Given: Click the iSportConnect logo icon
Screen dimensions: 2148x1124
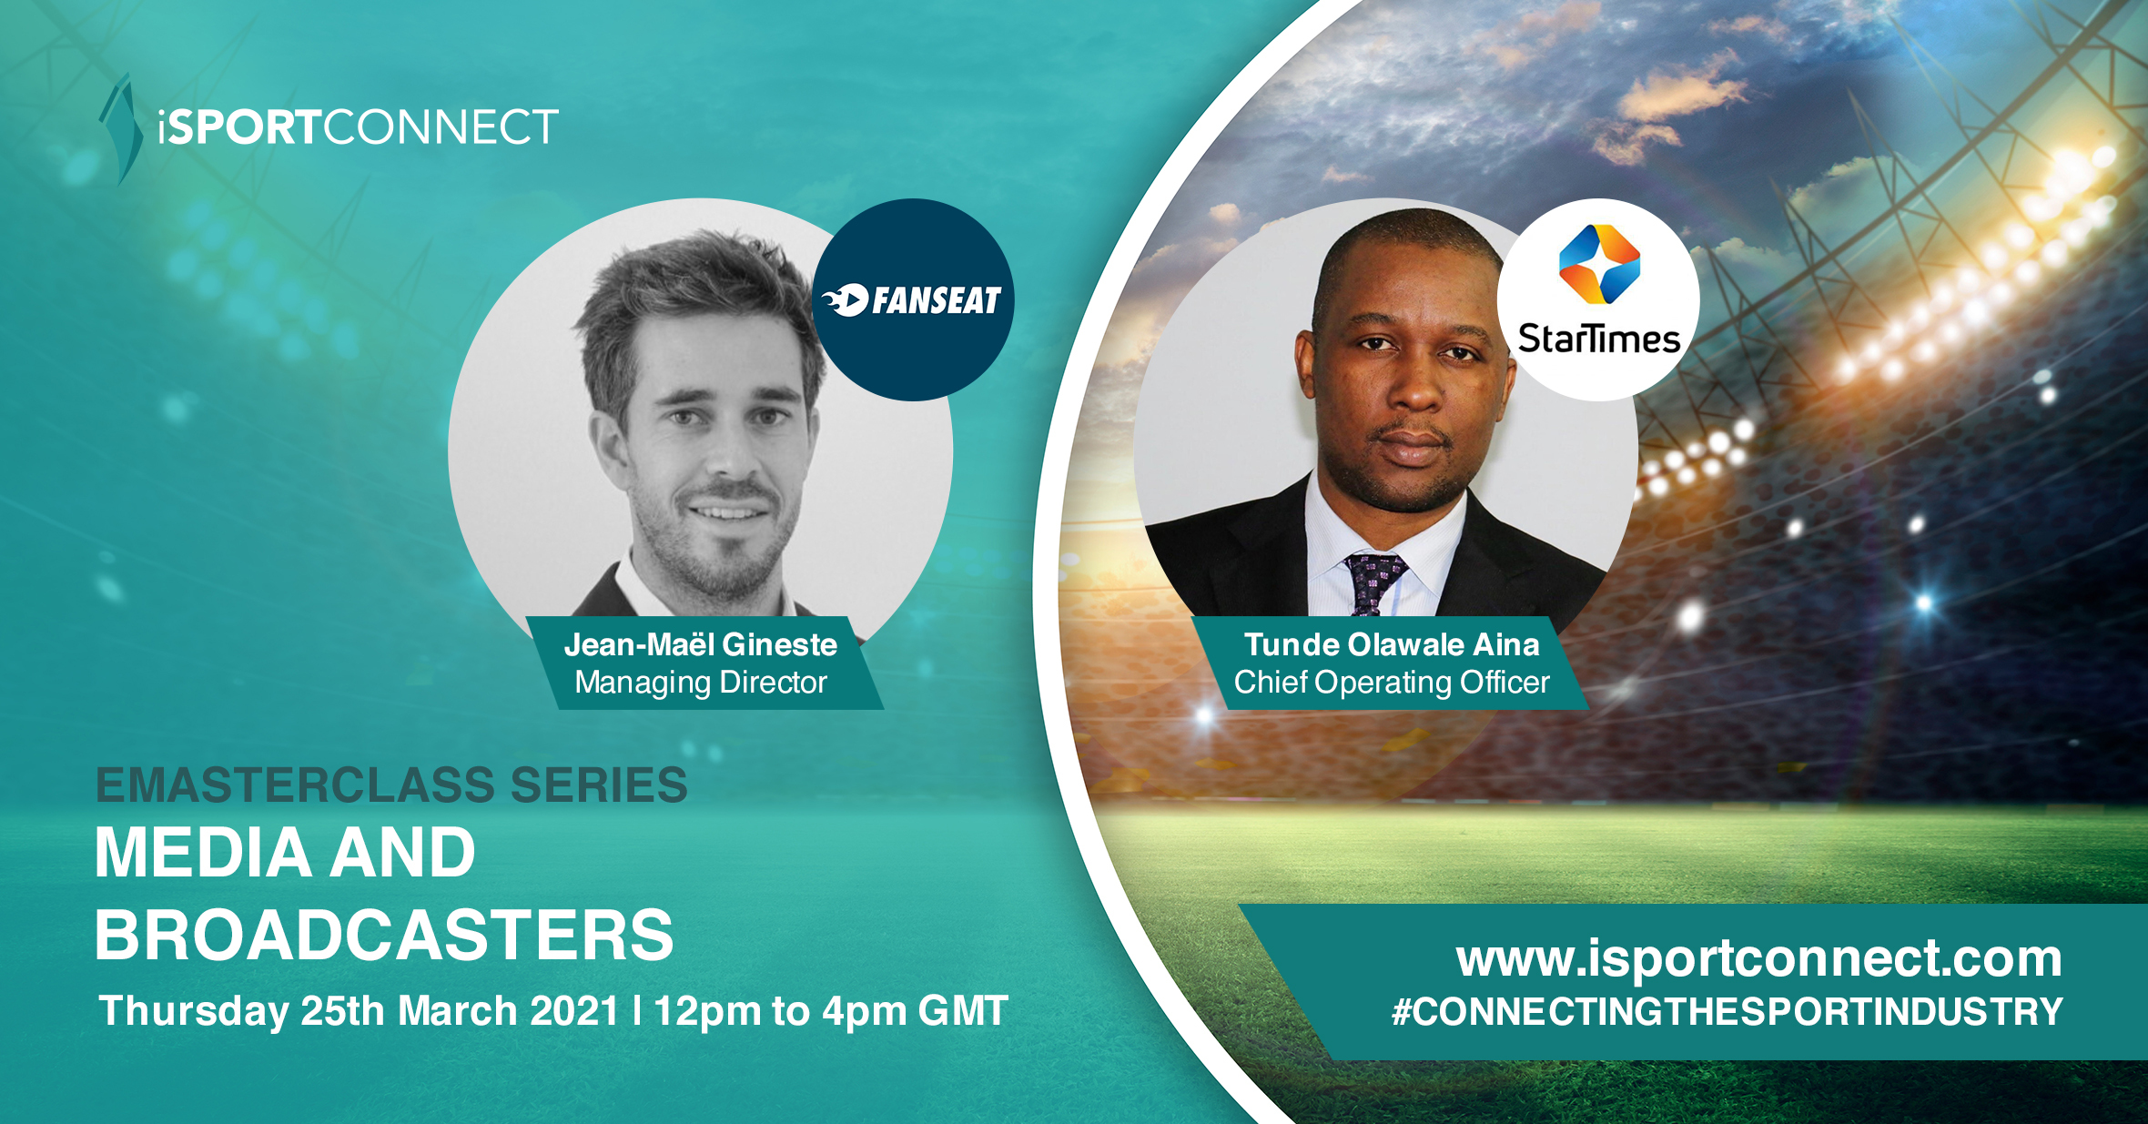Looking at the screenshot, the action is coord(122,129).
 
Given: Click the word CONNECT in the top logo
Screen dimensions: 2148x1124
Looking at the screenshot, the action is coord(441,127).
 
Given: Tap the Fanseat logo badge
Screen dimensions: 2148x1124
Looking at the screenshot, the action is coord(913,299).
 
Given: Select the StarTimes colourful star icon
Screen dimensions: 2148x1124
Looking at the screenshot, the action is coord(1599,264).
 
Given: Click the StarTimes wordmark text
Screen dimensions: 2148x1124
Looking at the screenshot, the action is coord(1599,339).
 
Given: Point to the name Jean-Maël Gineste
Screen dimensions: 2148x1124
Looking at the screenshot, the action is coord(701,644).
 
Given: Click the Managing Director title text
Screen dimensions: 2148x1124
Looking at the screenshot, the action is coord(701,683).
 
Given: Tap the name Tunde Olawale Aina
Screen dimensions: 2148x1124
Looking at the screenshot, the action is coord(1392,644).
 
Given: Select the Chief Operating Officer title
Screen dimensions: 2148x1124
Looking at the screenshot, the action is coord(1392,683).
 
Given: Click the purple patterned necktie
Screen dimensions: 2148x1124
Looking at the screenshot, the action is coord(1373,583).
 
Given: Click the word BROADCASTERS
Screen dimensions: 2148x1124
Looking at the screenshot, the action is coord(384,936).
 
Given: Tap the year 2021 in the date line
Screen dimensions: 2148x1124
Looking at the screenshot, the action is coord(575,1011).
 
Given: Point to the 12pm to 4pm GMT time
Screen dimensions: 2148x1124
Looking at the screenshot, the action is coord(831,1011).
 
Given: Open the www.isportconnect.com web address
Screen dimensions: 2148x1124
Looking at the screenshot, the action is coord(1758,958).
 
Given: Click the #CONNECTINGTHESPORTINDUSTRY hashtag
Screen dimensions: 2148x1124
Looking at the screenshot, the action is coord(1728,1012).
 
